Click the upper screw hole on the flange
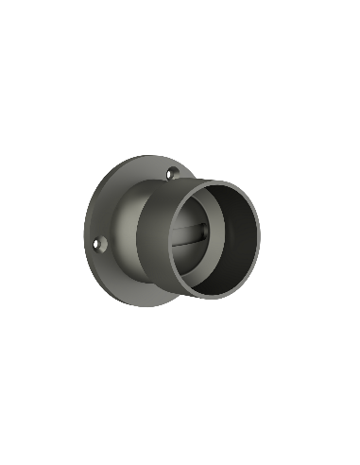[171, 173]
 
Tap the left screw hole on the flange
[102, 245]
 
